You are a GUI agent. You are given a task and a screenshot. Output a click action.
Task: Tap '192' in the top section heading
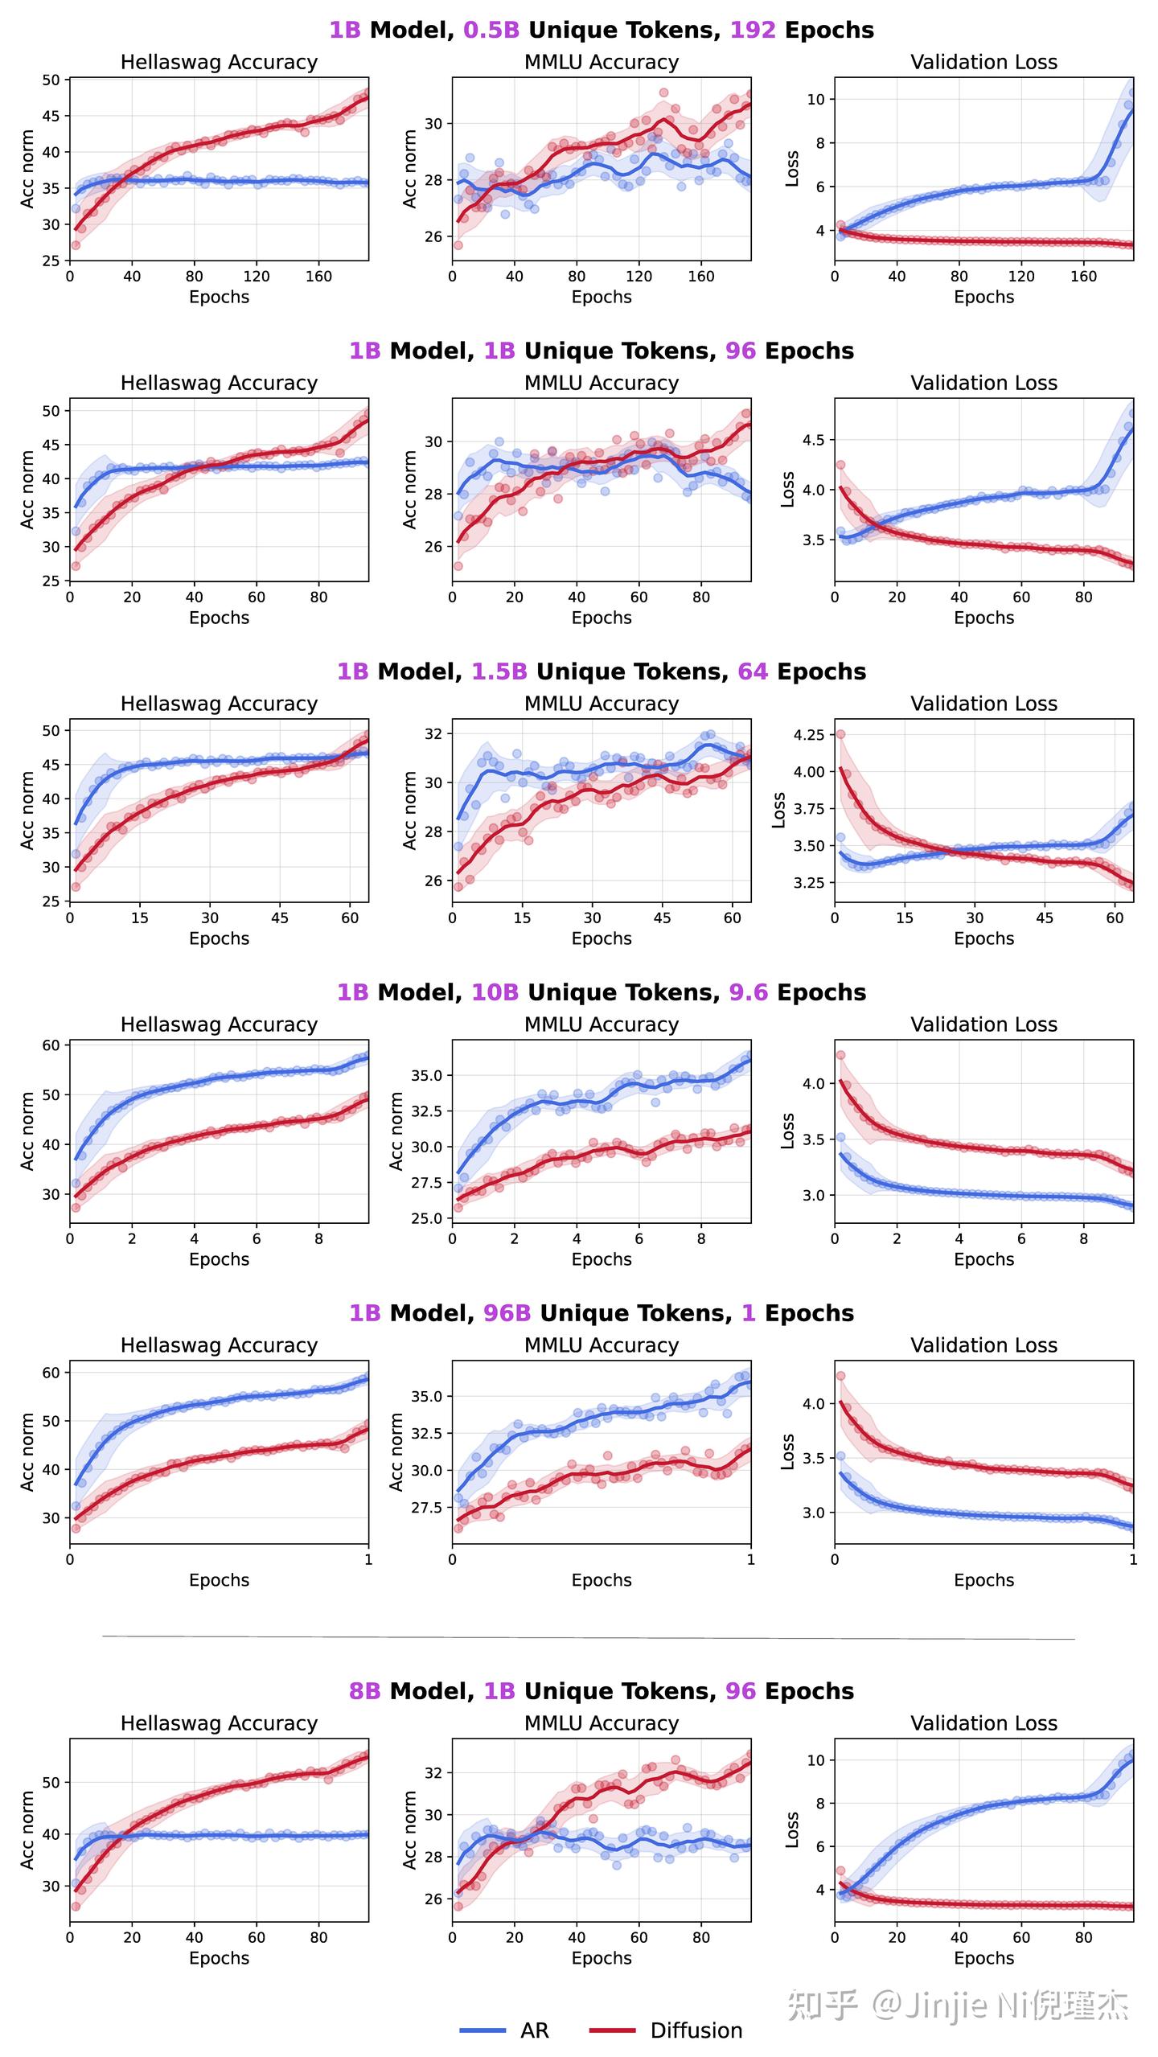coord(753,31)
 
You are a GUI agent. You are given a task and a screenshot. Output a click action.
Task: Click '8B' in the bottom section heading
coord(364,1690)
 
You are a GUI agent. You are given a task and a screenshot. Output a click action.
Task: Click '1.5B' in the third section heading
coord(499,671)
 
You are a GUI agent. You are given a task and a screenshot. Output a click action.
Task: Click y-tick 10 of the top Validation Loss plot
coord(816,100)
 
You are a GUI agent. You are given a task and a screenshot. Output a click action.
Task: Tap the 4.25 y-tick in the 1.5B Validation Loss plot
coord(808,734)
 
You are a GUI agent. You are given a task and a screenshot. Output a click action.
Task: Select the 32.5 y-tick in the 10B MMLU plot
coord(425,1111)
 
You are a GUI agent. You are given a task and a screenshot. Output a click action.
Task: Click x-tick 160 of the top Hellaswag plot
coord(318,276)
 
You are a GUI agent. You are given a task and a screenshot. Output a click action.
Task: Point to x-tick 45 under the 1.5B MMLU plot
coord(661,918)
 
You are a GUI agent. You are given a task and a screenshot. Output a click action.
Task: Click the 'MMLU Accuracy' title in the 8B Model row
coord(601,1722)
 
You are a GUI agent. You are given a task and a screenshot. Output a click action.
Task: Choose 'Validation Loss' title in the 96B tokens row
coord(983,1345)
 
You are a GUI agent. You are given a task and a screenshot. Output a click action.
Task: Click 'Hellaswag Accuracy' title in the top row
coord(219,62)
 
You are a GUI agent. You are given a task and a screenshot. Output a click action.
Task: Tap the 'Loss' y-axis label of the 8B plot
coord(792,1829)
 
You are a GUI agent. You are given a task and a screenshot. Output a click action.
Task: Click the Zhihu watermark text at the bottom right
coord(957,2005)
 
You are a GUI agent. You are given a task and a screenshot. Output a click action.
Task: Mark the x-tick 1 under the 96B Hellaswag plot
coord(368,1559)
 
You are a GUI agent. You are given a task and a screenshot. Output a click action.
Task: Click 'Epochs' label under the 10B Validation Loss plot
coord(983,1259)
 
